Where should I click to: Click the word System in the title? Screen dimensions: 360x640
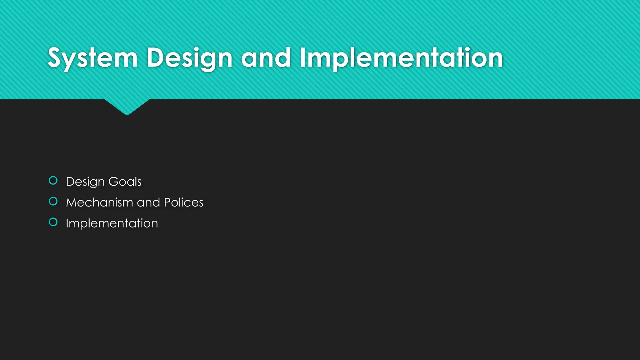[x=93, y=58]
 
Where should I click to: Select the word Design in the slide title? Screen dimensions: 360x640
[x=189, y=58]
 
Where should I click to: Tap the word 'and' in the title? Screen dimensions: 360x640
[x=266, y=58]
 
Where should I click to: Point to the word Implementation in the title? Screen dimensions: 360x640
[x=401, y=58]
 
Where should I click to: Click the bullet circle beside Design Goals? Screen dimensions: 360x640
[x=53, y=181]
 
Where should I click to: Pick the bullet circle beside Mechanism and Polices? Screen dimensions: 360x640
[x=53, y=202]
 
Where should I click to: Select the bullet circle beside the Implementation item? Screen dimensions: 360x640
[x=53, y=222]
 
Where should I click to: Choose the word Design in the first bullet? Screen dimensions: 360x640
[x=85, y=182]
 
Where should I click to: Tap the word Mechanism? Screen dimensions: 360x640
[x=100, y=202]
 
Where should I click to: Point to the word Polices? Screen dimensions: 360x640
[x=183, y=202]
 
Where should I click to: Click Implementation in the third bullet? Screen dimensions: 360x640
[x=112, y=223]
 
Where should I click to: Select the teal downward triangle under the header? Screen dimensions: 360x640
[x=127, y=106]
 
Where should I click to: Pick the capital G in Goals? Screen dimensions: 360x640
[x=113, y=182]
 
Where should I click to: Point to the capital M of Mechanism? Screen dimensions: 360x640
[x=72, y=202]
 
